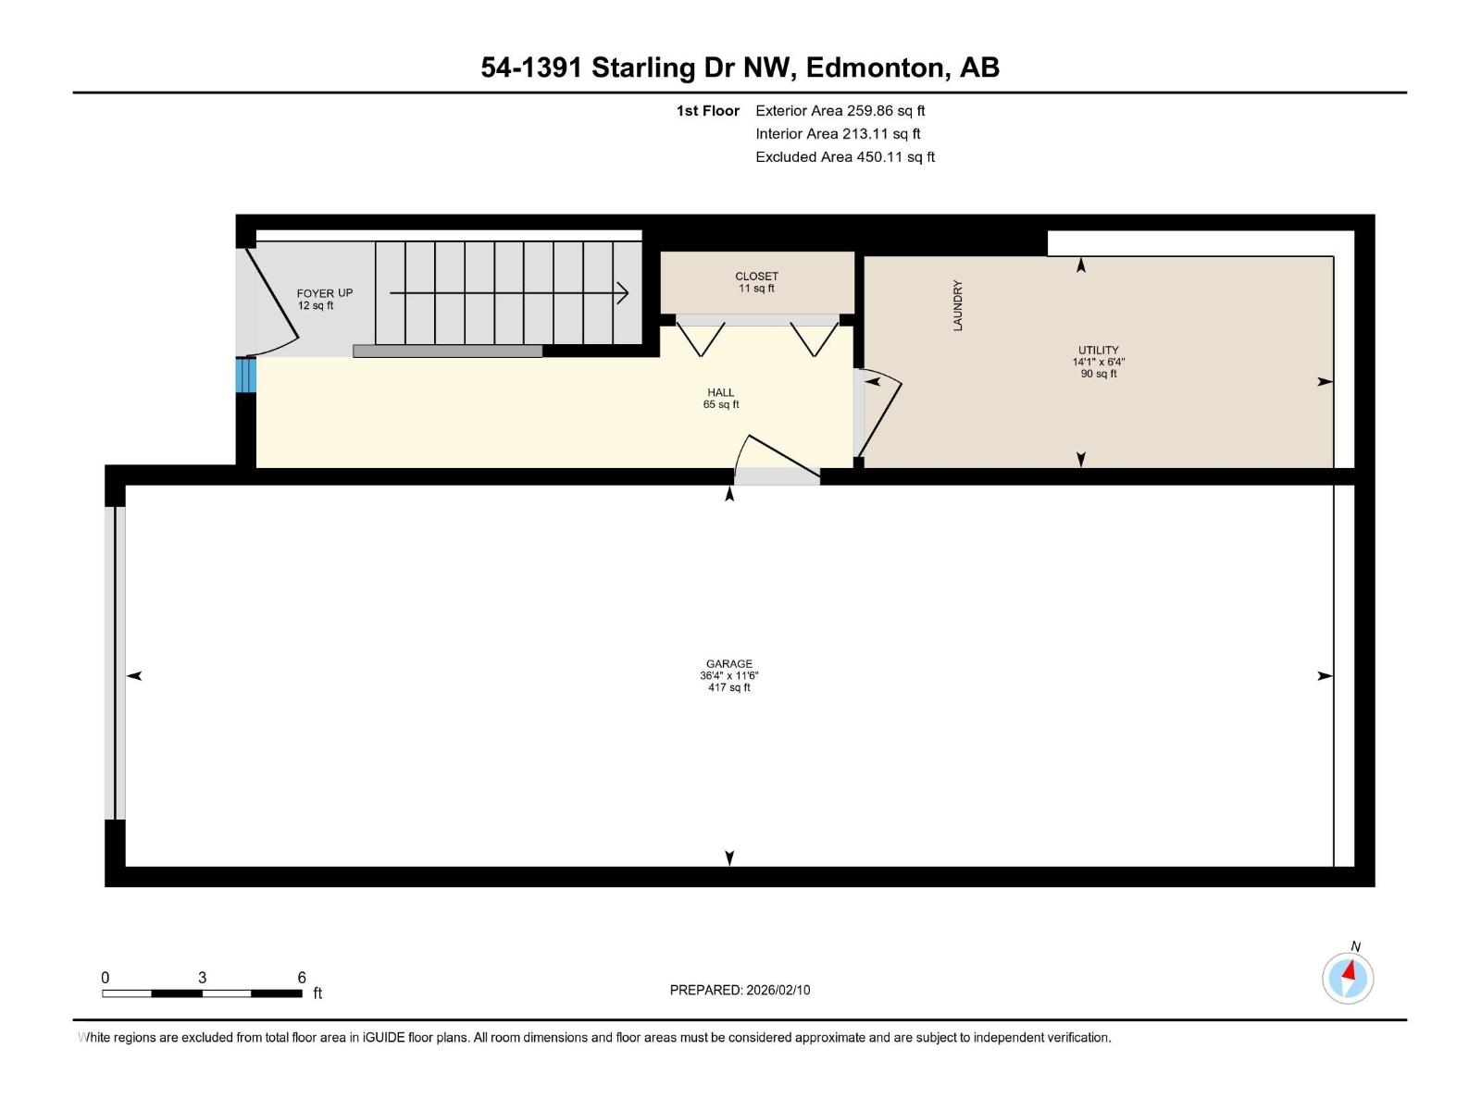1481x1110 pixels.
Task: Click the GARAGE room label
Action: (728, 664)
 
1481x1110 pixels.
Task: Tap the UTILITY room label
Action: (1098, 351)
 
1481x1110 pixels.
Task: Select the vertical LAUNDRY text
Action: (958, 305)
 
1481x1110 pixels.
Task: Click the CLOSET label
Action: (756, 277)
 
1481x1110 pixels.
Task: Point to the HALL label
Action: (720, 393)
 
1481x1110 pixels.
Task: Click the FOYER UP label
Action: (324, 293)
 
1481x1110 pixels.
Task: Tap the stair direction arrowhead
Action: (623, 293)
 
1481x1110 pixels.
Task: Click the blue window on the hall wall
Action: (245, 376)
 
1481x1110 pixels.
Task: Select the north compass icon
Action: (1348, 977)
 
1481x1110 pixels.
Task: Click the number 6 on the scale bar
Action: (302, 978)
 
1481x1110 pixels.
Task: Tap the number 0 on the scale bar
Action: (106, 978)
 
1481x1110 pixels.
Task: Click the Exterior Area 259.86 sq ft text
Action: (840, 111)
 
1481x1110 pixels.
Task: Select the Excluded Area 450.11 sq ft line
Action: (844, 157)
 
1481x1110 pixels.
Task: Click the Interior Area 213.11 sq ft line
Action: (838, 134)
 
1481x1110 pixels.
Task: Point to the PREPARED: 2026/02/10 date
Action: (740, 990)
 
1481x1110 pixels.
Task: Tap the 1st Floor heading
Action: (707, 111)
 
